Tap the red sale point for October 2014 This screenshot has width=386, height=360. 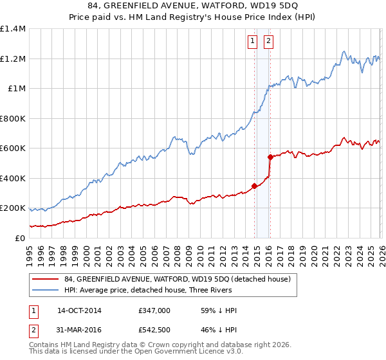point(254,186)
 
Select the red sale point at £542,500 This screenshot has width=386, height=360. point(270,157)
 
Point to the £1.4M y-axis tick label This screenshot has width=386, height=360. point(13,29)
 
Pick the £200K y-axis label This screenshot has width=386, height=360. point(13,208)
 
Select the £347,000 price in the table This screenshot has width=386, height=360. point(154,310)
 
